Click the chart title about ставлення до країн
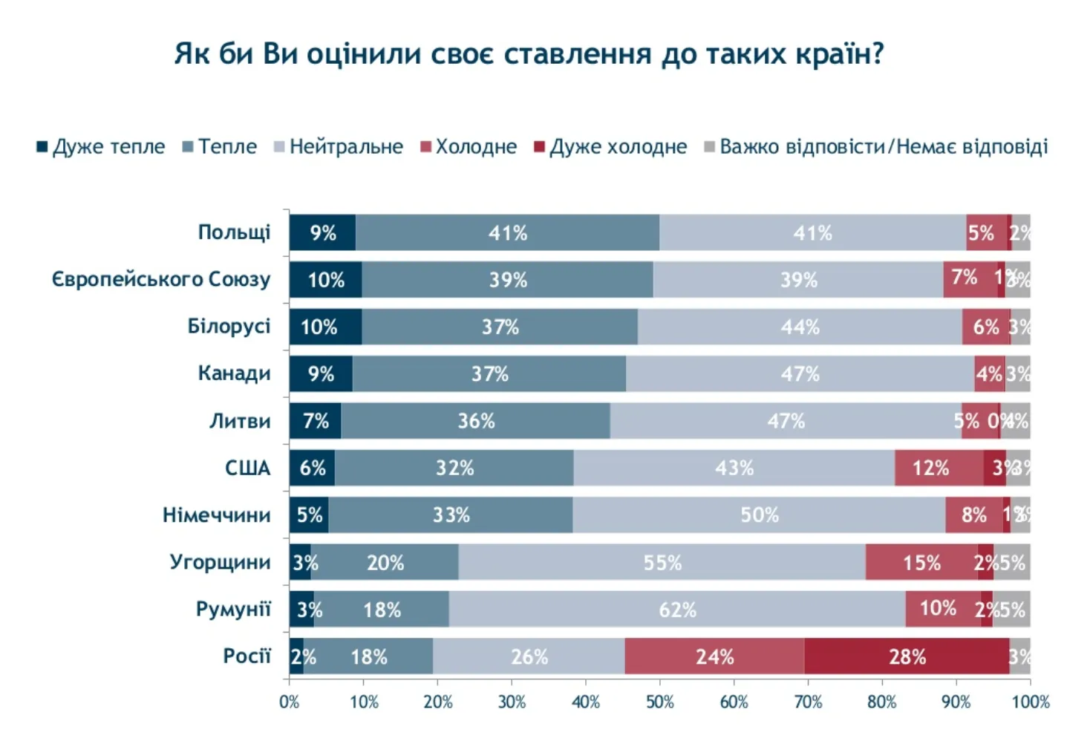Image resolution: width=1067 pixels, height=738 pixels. click(529, 54)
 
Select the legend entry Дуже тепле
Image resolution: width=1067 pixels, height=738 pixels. click(101, 146)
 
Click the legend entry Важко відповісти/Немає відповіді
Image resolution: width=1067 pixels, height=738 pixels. click(876, 146)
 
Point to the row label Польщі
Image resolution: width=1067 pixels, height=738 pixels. click(234, 232)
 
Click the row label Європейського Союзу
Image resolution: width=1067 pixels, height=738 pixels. click(160, 279)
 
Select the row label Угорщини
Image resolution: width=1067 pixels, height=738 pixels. click(220, 561)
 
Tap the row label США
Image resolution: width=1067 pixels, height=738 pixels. click(247, 468)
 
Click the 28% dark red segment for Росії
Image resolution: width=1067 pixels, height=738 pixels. click(907, 656)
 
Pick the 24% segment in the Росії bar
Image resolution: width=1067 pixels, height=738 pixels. click(714, 656)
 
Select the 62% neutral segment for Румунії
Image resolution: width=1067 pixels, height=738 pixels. click(677, 610)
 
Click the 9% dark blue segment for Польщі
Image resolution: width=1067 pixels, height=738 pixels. click(322, 233)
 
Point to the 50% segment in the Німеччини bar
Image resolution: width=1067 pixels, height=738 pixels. click(759, 515)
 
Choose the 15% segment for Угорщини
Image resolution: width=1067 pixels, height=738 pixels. click(921, 562)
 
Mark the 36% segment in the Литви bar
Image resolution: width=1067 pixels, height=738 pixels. click(476, 421)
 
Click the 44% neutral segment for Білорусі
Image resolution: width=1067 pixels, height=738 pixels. click(800, 327)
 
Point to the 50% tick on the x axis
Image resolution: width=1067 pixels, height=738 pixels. click(659, 702)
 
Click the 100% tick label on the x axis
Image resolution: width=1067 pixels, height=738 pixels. click(1031, 702)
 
